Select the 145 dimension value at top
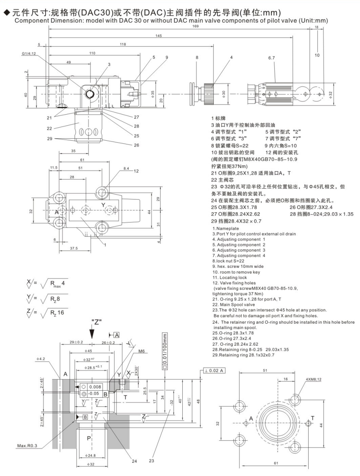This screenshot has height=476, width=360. coord(159,35)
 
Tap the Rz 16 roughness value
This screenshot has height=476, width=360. coord(58,312)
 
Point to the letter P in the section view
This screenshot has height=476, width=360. coord(88,437)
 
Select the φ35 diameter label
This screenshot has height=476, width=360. coord(153,93)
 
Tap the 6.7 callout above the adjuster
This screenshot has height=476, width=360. coord(271,58)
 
